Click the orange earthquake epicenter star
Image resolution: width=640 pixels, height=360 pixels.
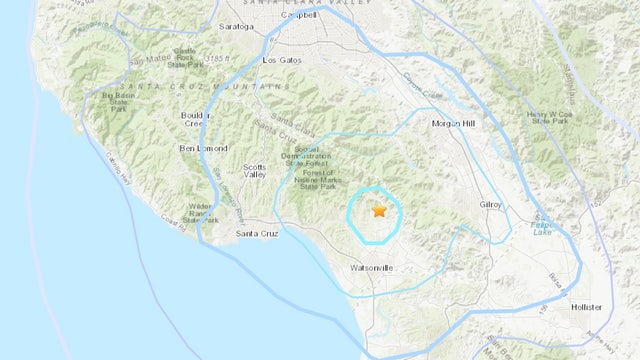click(379, 211)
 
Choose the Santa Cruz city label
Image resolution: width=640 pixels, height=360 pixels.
click(256, 234)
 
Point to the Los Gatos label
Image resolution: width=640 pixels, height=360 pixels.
click(281, 60)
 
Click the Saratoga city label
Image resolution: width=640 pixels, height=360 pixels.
click(235, 27)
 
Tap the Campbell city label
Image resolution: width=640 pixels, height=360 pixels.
click(297, 18)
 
